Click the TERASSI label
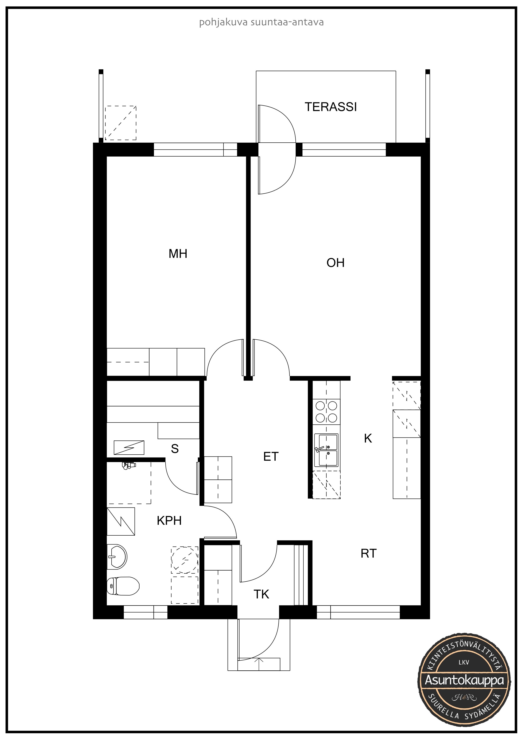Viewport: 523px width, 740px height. (331, 107)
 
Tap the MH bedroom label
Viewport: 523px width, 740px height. (178, 254)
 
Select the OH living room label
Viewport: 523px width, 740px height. (336, 263)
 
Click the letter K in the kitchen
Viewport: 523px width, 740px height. (368, 438)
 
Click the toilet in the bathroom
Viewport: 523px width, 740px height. (123, 586)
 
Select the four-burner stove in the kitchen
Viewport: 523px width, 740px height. (326, 411)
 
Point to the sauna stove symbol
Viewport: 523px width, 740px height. (129, 448)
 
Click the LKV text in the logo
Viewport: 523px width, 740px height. (464, 669)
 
